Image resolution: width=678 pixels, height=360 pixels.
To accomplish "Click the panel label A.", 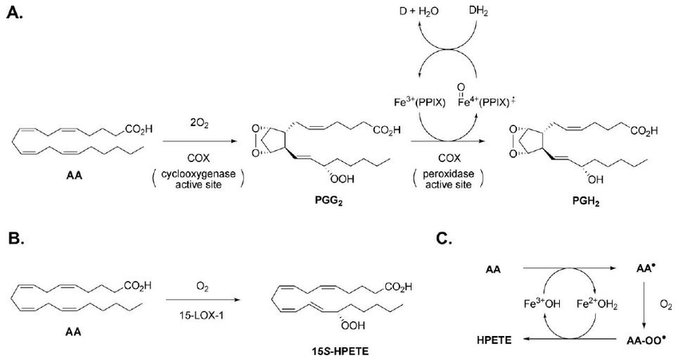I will click(14, 15).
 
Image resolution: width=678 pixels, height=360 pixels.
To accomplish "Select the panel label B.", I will click(14, 239).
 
